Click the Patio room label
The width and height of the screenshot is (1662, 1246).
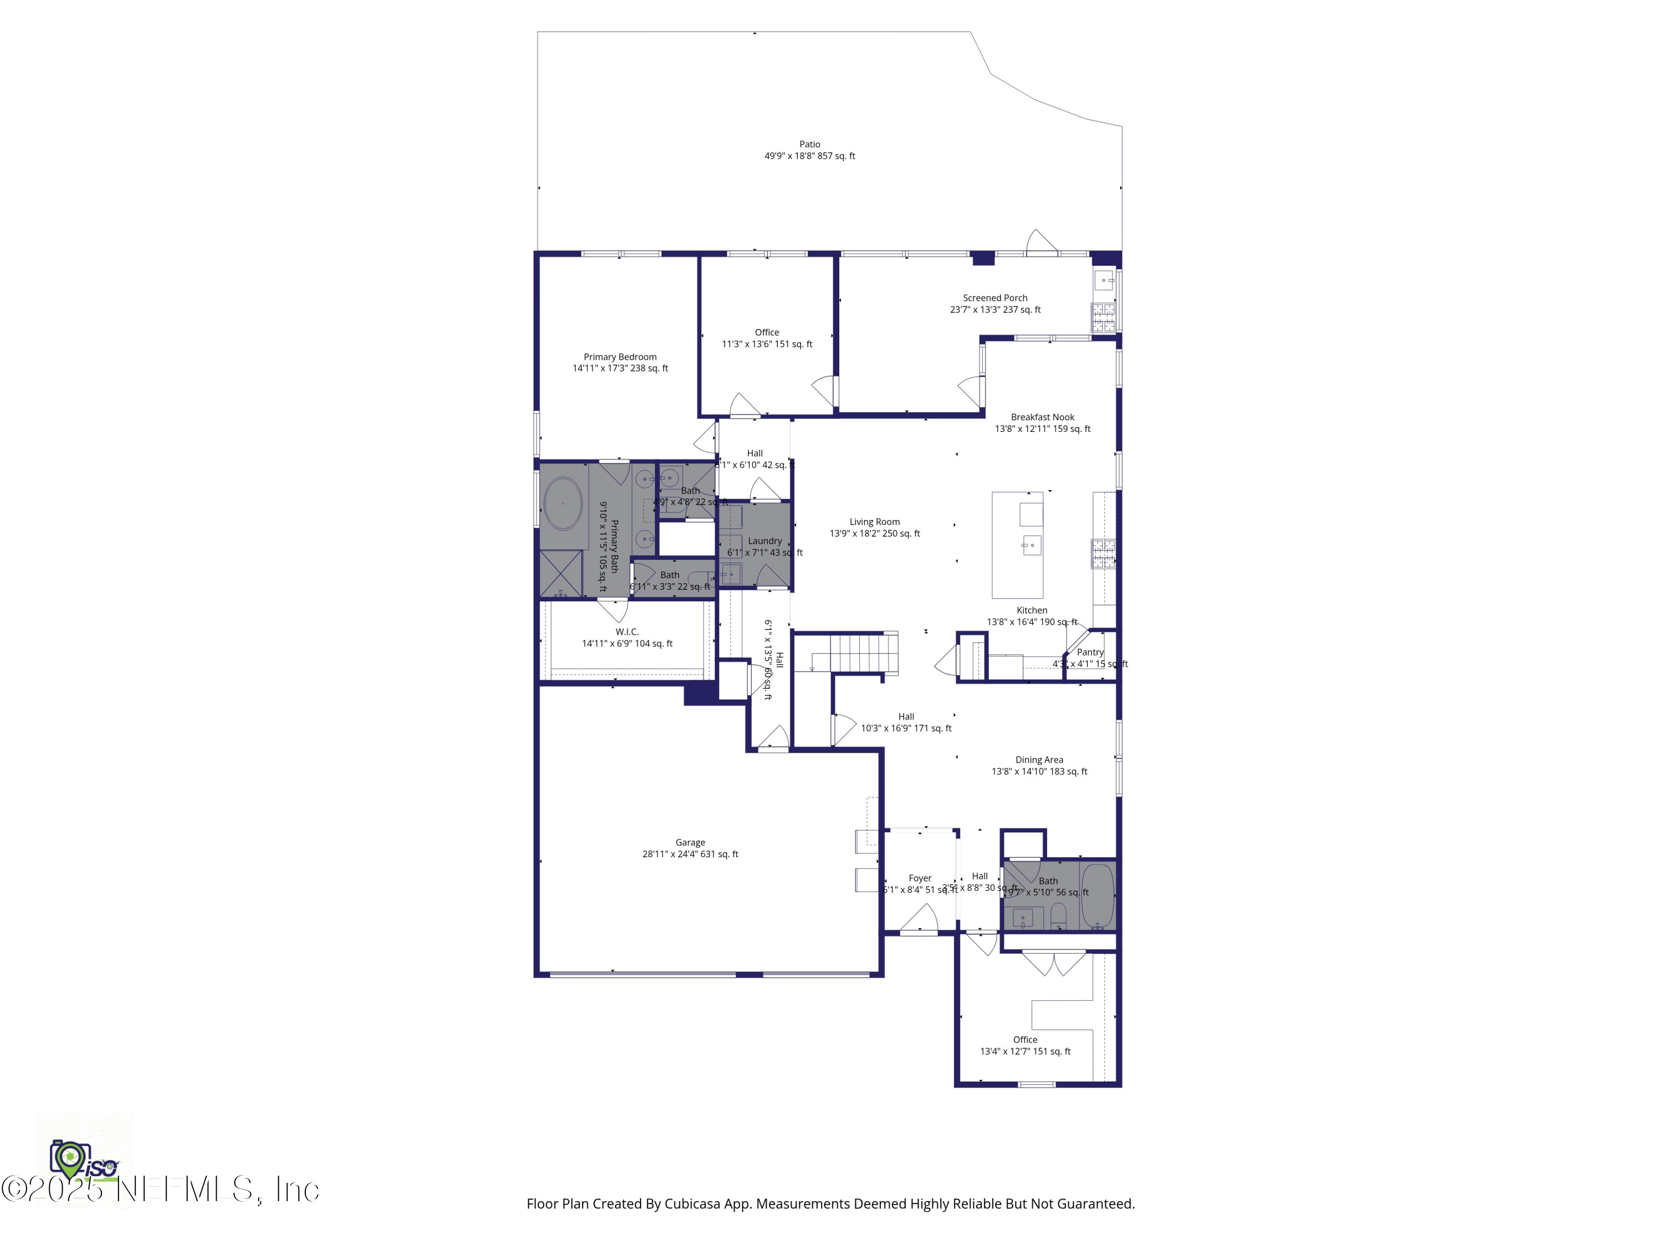point(809,144)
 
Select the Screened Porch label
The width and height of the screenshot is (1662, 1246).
point(995,298)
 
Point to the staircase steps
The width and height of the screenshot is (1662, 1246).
point(864,652)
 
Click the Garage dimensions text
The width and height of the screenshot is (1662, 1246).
point(690,854)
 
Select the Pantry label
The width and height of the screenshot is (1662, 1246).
point(1090,652)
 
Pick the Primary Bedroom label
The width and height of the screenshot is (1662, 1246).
point(620,357)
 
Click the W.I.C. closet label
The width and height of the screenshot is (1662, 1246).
point(627,632)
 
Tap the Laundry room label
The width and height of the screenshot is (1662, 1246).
point(764,540)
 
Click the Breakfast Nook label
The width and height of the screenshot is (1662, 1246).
point(1042,417)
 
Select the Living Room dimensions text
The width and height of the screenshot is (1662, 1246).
point(875,533)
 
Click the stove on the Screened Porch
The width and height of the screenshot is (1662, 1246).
point(1103,317)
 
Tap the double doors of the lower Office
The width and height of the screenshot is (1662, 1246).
point(1053,963)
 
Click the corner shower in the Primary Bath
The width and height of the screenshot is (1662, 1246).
point(561,574)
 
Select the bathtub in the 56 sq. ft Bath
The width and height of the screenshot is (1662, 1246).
point(1097,896)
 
